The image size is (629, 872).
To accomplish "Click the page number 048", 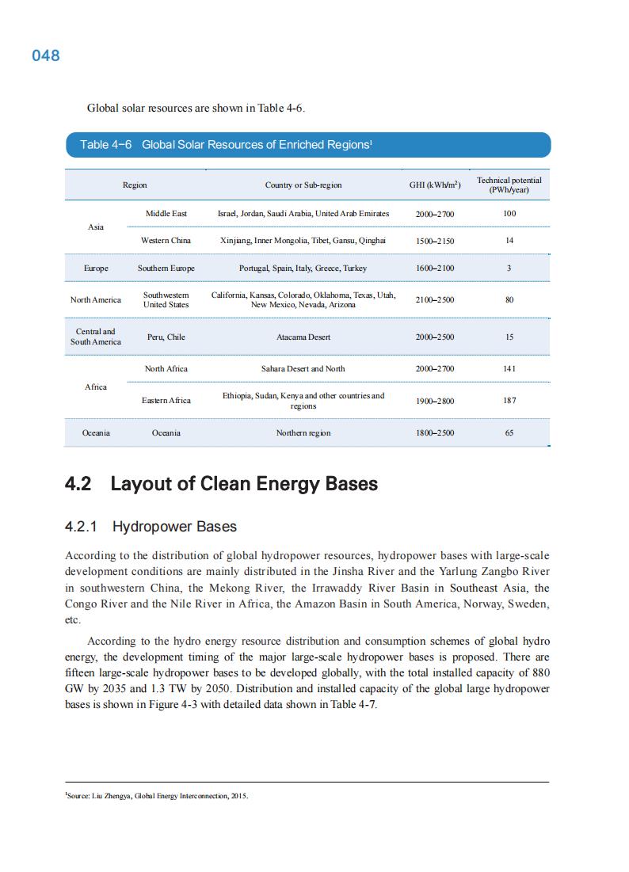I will (46, 56).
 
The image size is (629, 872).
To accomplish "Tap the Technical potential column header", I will (509, 185).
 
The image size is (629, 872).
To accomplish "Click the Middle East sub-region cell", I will (166, 214).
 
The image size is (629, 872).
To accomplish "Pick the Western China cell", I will (166, 240).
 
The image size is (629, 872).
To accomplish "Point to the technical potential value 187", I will (509, 401).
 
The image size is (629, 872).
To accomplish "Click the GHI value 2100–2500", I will (435, 300).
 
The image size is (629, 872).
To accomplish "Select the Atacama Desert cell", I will (303, 337).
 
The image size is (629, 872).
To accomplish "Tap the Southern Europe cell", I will (166, 268).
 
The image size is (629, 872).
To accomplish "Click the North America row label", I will (96, 300).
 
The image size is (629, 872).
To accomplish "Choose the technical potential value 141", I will (509, 369).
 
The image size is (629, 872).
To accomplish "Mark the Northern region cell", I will (303, 433).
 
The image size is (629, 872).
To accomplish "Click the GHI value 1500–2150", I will (435, 241).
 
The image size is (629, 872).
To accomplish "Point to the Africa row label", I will (96, 386).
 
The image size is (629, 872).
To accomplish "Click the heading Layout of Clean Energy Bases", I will (244, 484).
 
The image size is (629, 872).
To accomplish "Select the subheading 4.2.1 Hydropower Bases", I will (151, 527).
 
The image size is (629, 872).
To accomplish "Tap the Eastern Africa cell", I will (166, 401).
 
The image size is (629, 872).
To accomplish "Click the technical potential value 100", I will (509, 214).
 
